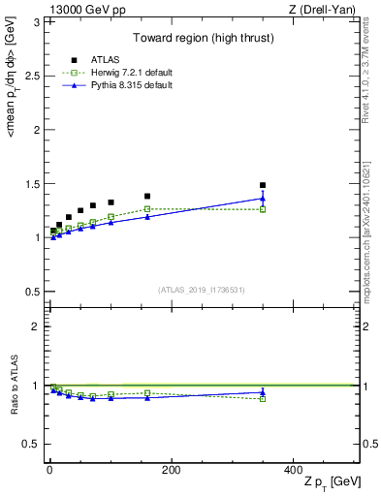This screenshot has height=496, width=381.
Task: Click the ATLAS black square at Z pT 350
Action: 263,185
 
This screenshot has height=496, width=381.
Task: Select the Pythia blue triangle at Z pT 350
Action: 263,199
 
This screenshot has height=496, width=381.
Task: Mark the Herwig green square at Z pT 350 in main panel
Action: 263,209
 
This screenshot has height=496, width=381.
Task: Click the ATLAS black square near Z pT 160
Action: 147,196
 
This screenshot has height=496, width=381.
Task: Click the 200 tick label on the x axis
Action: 171,469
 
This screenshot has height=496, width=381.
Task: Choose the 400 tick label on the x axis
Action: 293,469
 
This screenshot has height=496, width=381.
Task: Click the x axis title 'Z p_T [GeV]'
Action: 329,482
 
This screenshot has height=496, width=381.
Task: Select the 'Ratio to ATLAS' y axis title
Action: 14,385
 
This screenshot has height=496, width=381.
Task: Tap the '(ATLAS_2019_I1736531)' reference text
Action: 202,290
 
